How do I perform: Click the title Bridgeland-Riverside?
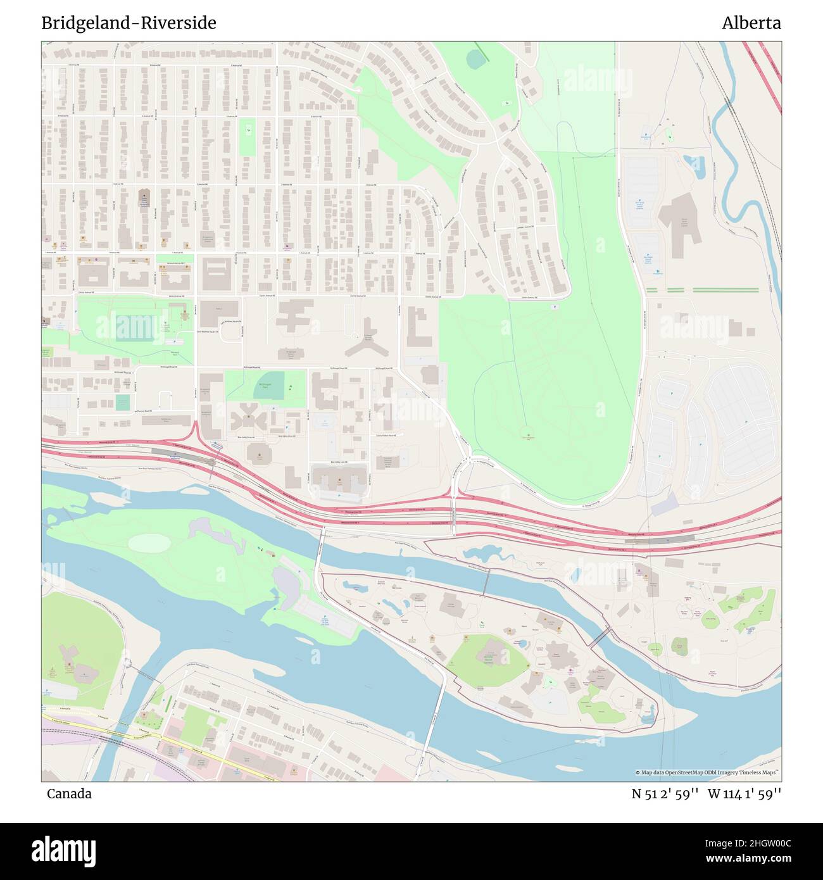pyautogui.click(x=129, y=23)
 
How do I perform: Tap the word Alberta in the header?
pyautogui.click(x=751, y=23)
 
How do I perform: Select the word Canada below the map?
pyautogui.click(x=69, y=794)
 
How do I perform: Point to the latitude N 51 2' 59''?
pyautogui.click(x=665, y=794)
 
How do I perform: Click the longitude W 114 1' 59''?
pyautogui.click(x=744, y=794)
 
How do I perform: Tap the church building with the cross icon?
pyautogui.click(x=143, y=196)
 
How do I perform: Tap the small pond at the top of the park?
pyautogui.click(x=475, y=59)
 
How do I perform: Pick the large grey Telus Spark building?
pyautogui.click(x=680, y=218)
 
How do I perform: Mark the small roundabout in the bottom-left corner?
pyautogui.click(x=129, y=663)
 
